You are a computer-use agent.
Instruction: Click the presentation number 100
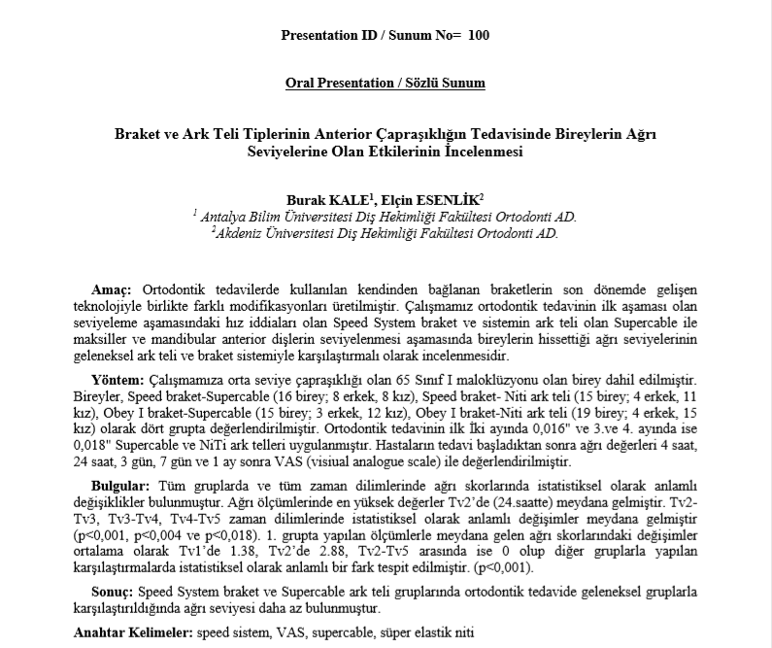479,36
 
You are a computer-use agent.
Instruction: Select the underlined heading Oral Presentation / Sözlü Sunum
386,83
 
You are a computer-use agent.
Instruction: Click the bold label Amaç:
110,290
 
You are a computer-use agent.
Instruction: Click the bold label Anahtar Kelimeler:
133,632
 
